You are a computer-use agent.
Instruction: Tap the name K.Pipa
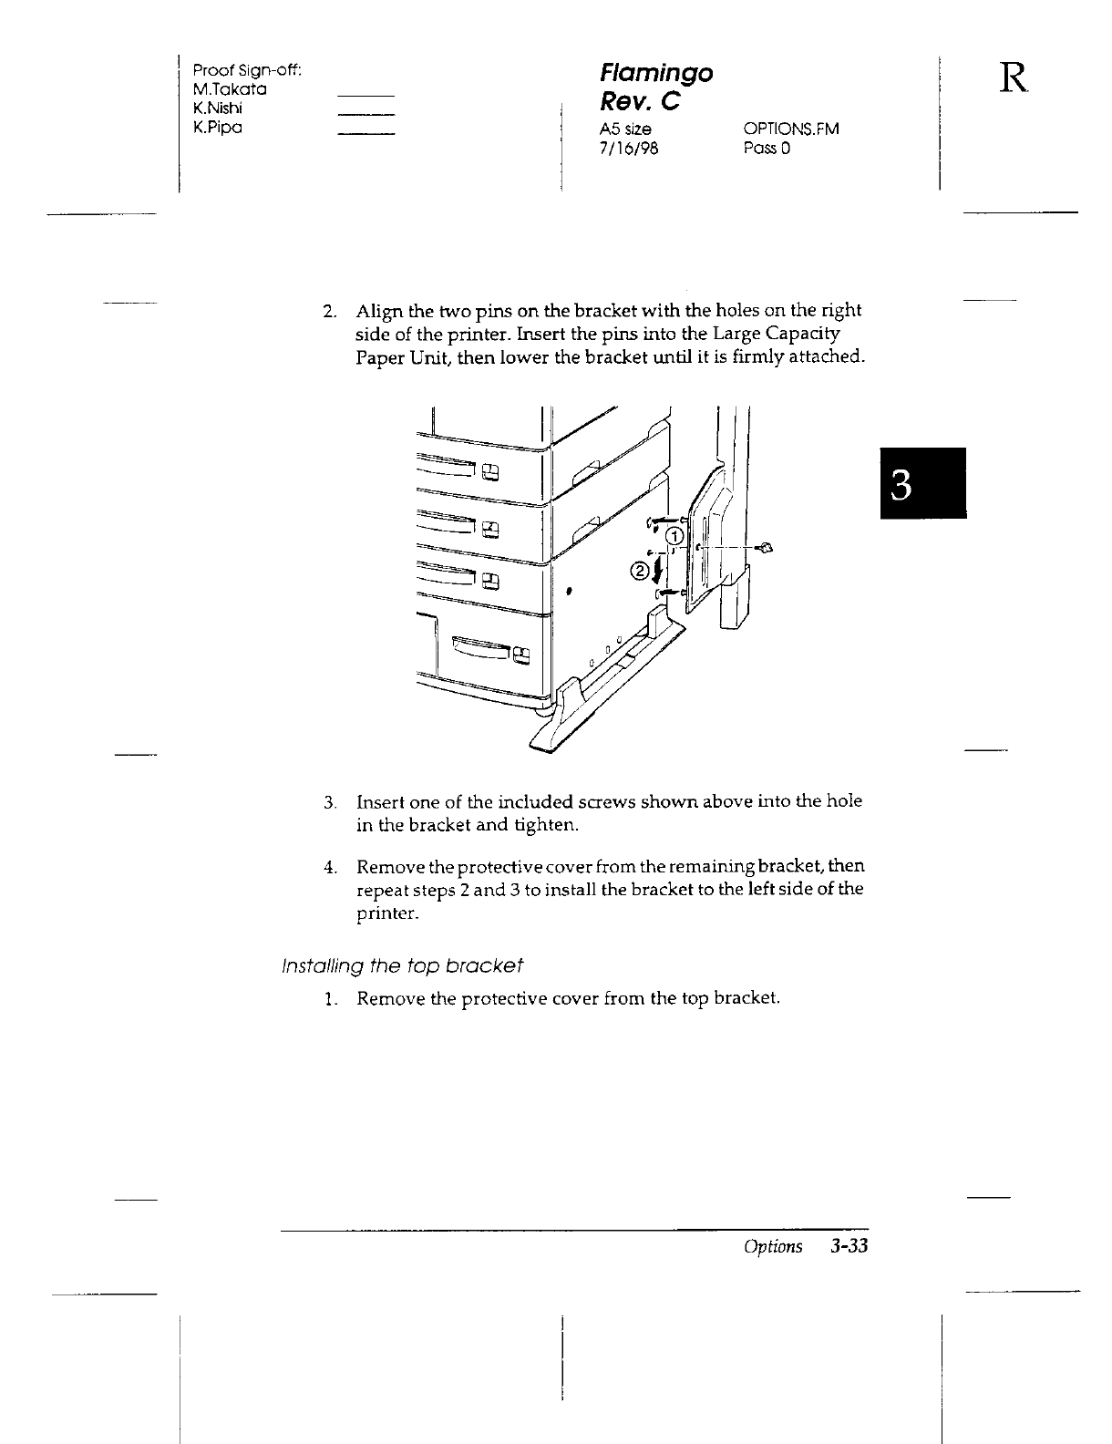[217, 127]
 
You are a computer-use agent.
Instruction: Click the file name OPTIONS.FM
[791, 129]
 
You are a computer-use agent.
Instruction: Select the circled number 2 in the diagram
[639, 572]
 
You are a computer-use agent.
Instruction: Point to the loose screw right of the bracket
[766, 547]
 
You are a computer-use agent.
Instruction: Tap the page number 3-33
[847, 1246]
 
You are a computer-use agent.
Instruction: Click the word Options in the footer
[773, 1246]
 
